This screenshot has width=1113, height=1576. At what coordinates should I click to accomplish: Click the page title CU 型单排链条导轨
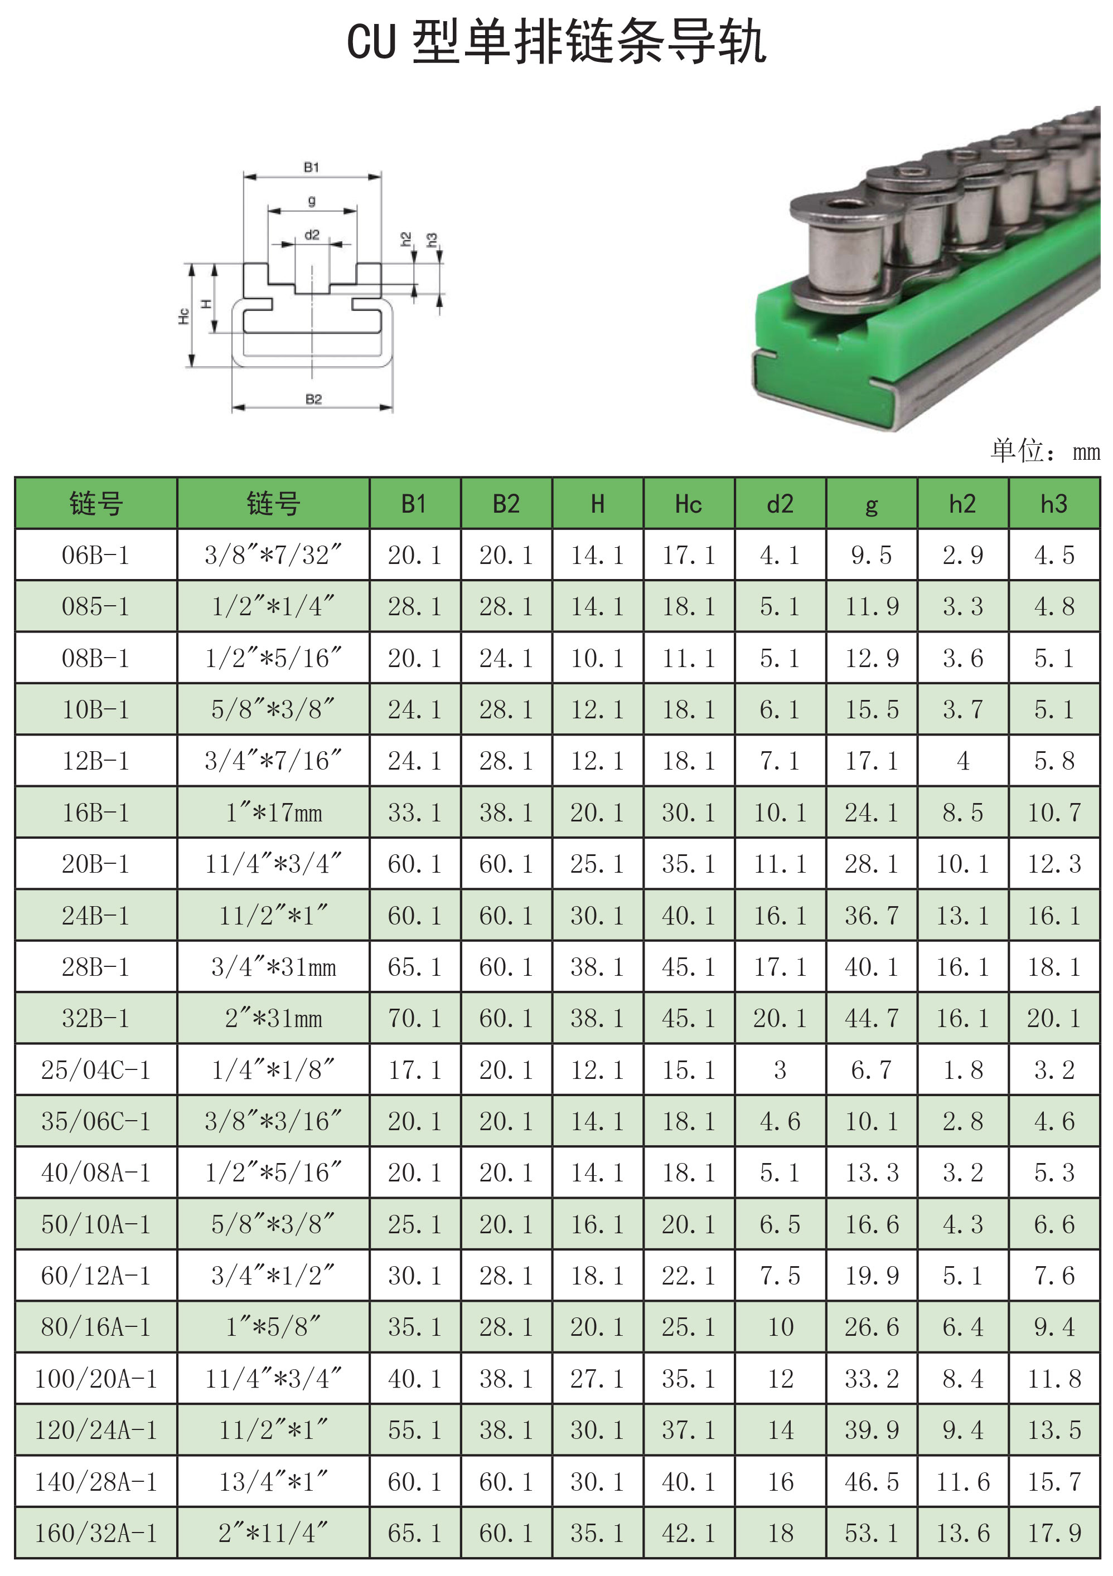(556, 42)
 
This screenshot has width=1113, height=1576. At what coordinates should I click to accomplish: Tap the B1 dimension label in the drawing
(312, 167)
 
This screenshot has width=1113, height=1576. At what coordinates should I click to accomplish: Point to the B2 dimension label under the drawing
(314, 399)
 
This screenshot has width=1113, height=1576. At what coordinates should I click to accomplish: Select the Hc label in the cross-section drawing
(183, 316)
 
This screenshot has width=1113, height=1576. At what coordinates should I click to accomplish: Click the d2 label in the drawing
(312, 235)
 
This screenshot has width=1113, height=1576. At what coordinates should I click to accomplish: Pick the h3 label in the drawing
(432, 240)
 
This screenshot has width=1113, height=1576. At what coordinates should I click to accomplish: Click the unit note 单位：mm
(1045, 450)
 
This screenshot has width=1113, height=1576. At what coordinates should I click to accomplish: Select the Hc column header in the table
(689, 504)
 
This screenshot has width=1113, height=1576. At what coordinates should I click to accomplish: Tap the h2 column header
(962, 504)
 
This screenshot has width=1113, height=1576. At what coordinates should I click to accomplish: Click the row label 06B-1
(95, 554)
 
